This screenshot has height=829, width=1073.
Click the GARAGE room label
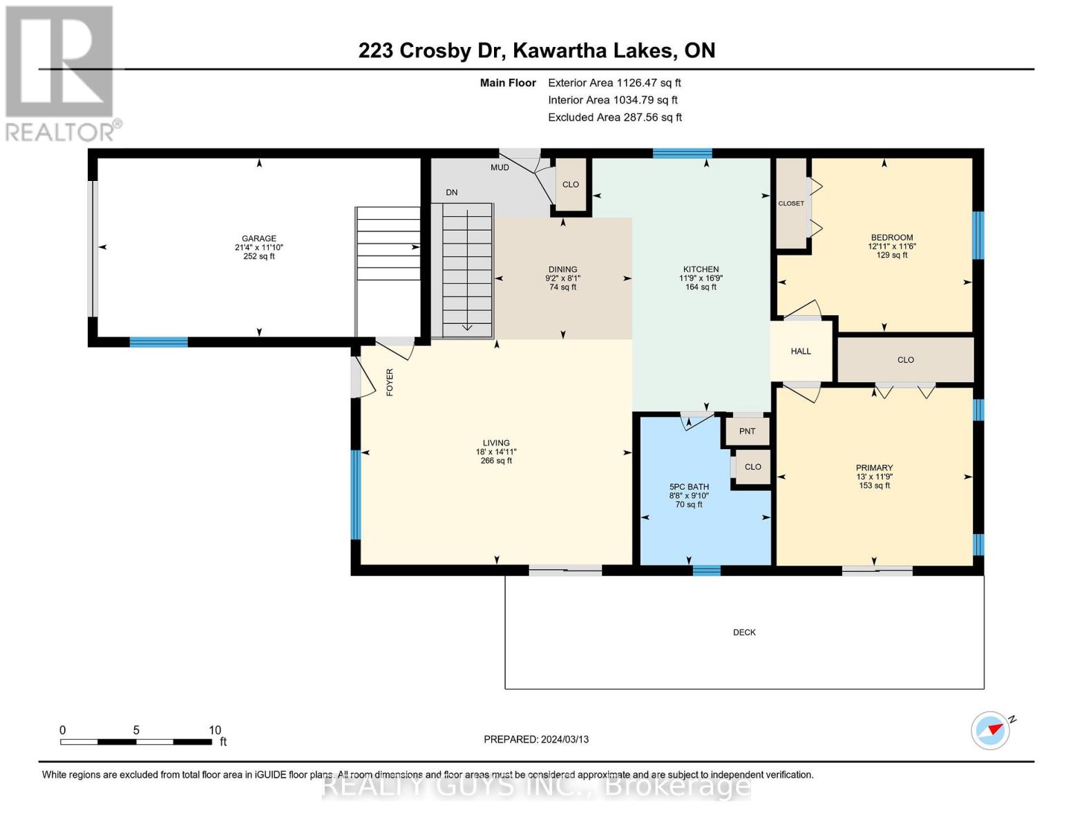click(x=259, y=238)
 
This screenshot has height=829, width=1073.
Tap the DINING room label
click(x=562, y=269)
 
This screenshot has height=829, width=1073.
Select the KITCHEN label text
click(x=701, y=269)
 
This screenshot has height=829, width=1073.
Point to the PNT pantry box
click(x=747, y=431)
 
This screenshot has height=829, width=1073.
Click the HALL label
click(x=801, y=351)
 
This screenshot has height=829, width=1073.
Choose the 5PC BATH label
click(x=689, y=487)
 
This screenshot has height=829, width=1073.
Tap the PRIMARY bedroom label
click(x=874, y=468)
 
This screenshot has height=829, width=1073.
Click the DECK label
click(x=744, y=632)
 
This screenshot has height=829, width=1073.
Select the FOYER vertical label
click(x=390, y=382)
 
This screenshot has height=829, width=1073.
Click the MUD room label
click(x=500, y=167)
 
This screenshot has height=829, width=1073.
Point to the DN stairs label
click(x=451, y=193)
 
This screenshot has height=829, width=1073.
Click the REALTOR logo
click(x=60, y=73)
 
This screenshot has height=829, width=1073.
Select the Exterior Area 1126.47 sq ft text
click(x=614, y=83)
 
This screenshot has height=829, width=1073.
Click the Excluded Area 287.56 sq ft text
click(x=614, y=117)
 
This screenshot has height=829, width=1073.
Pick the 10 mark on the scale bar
click(x=215, y=730)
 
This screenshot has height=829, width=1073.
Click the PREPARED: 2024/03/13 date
click(x=536, y=739)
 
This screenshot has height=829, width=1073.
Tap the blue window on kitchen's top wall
click(x=682, y=153)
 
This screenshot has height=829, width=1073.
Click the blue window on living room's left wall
click(x=356, y=494)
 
